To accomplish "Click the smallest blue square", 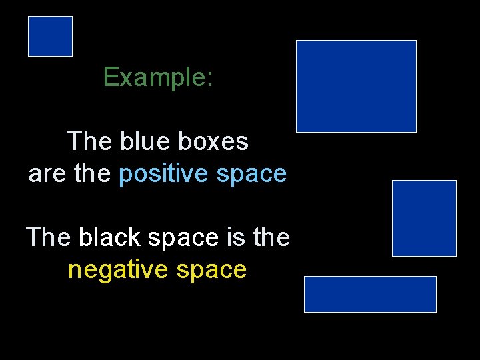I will (50, 36).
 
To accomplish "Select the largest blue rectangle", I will (356, 86).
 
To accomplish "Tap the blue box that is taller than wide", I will (424, 218).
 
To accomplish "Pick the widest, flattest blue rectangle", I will (370, 294).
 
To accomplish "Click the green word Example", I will (153, 78).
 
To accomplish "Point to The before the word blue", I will (91, 141).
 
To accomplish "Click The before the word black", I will (49, 237).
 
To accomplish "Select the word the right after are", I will (93, 175).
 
